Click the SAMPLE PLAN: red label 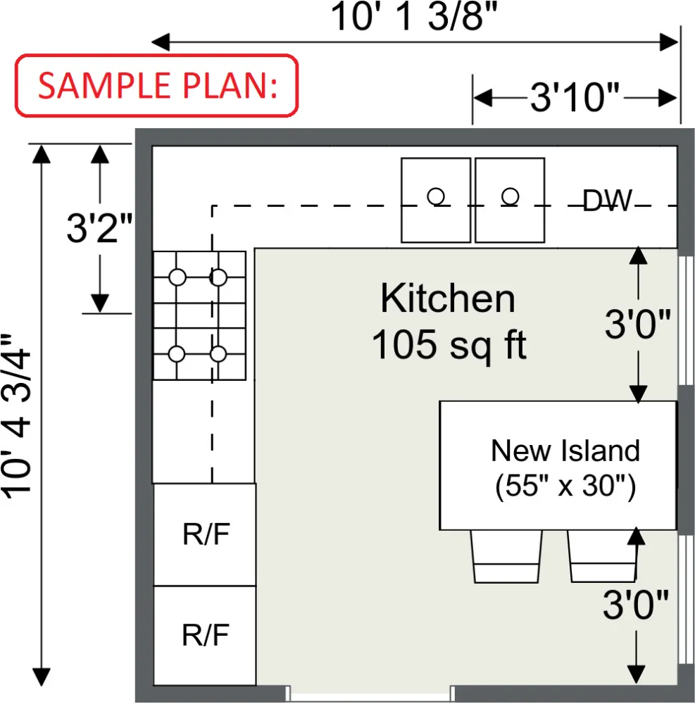[x=156, y=85]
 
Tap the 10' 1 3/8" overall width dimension [x=418, y=17]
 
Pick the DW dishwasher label [x=607, y=201]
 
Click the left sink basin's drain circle [x=436, y=196]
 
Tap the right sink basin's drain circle [x=510, y=195]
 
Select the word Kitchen [x=448, y=298]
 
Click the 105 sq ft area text [x=449, y=346]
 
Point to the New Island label [x=565, y=451]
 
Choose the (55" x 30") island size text [x=565, y=486]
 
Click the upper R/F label [x=206, y=535]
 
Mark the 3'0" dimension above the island [x=637, y=325]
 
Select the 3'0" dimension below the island [x=635, y=605]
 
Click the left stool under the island [x=506, y=557]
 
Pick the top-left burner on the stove [x=177, y=277]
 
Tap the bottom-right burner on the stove [x=219, y=353]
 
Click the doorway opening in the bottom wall [x=369, y=693]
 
